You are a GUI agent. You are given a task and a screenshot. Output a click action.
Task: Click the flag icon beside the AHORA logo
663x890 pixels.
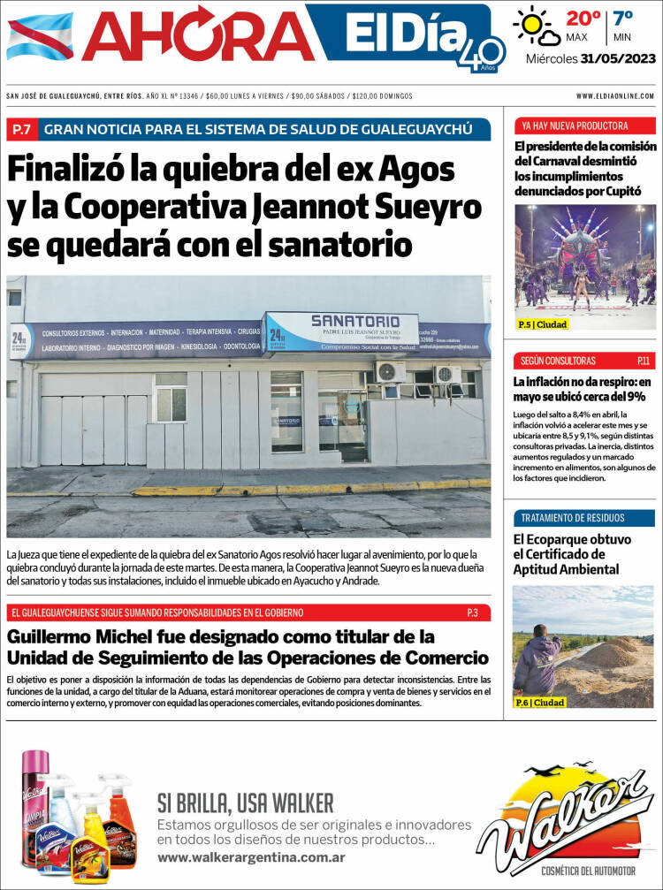pos(40,36)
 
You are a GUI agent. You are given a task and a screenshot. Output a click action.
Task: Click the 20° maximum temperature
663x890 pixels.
pos(583,18)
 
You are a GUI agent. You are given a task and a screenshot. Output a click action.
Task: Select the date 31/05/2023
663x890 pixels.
pos(617,60)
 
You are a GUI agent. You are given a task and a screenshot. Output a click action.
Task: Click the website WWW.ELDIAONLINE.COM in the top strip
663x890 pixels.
pos(614,95)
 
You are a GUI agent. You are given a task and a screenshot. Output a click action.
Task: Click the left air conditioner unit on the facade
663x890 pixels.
pos(389,371)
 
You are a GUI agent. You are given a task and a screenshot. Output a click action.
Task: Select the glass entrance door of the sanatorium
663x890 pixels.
pos(343,415)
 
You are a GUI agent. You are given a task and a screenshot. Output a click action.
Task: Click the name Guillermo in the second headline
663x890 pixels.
pos(58,636)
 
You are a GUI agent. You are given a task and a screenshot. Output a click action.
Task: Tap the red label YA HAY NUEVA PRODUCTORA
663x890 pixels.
pos(563,126)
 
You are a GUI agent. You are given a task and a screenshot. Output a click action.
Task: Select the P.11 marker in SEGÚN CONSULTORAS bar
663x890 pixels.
pos(643,361)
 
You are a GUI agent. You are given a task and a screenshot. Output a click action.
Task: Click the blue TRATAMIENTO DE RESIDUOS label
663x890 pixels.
pos(572,518)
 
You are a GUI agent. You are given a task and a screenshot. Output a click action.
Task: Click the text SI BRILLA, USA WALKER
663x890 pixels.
pos(246,803)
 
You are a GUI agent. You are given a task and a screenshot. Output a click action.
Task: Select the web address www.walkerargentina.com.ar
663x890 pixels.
pos(251,857)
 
